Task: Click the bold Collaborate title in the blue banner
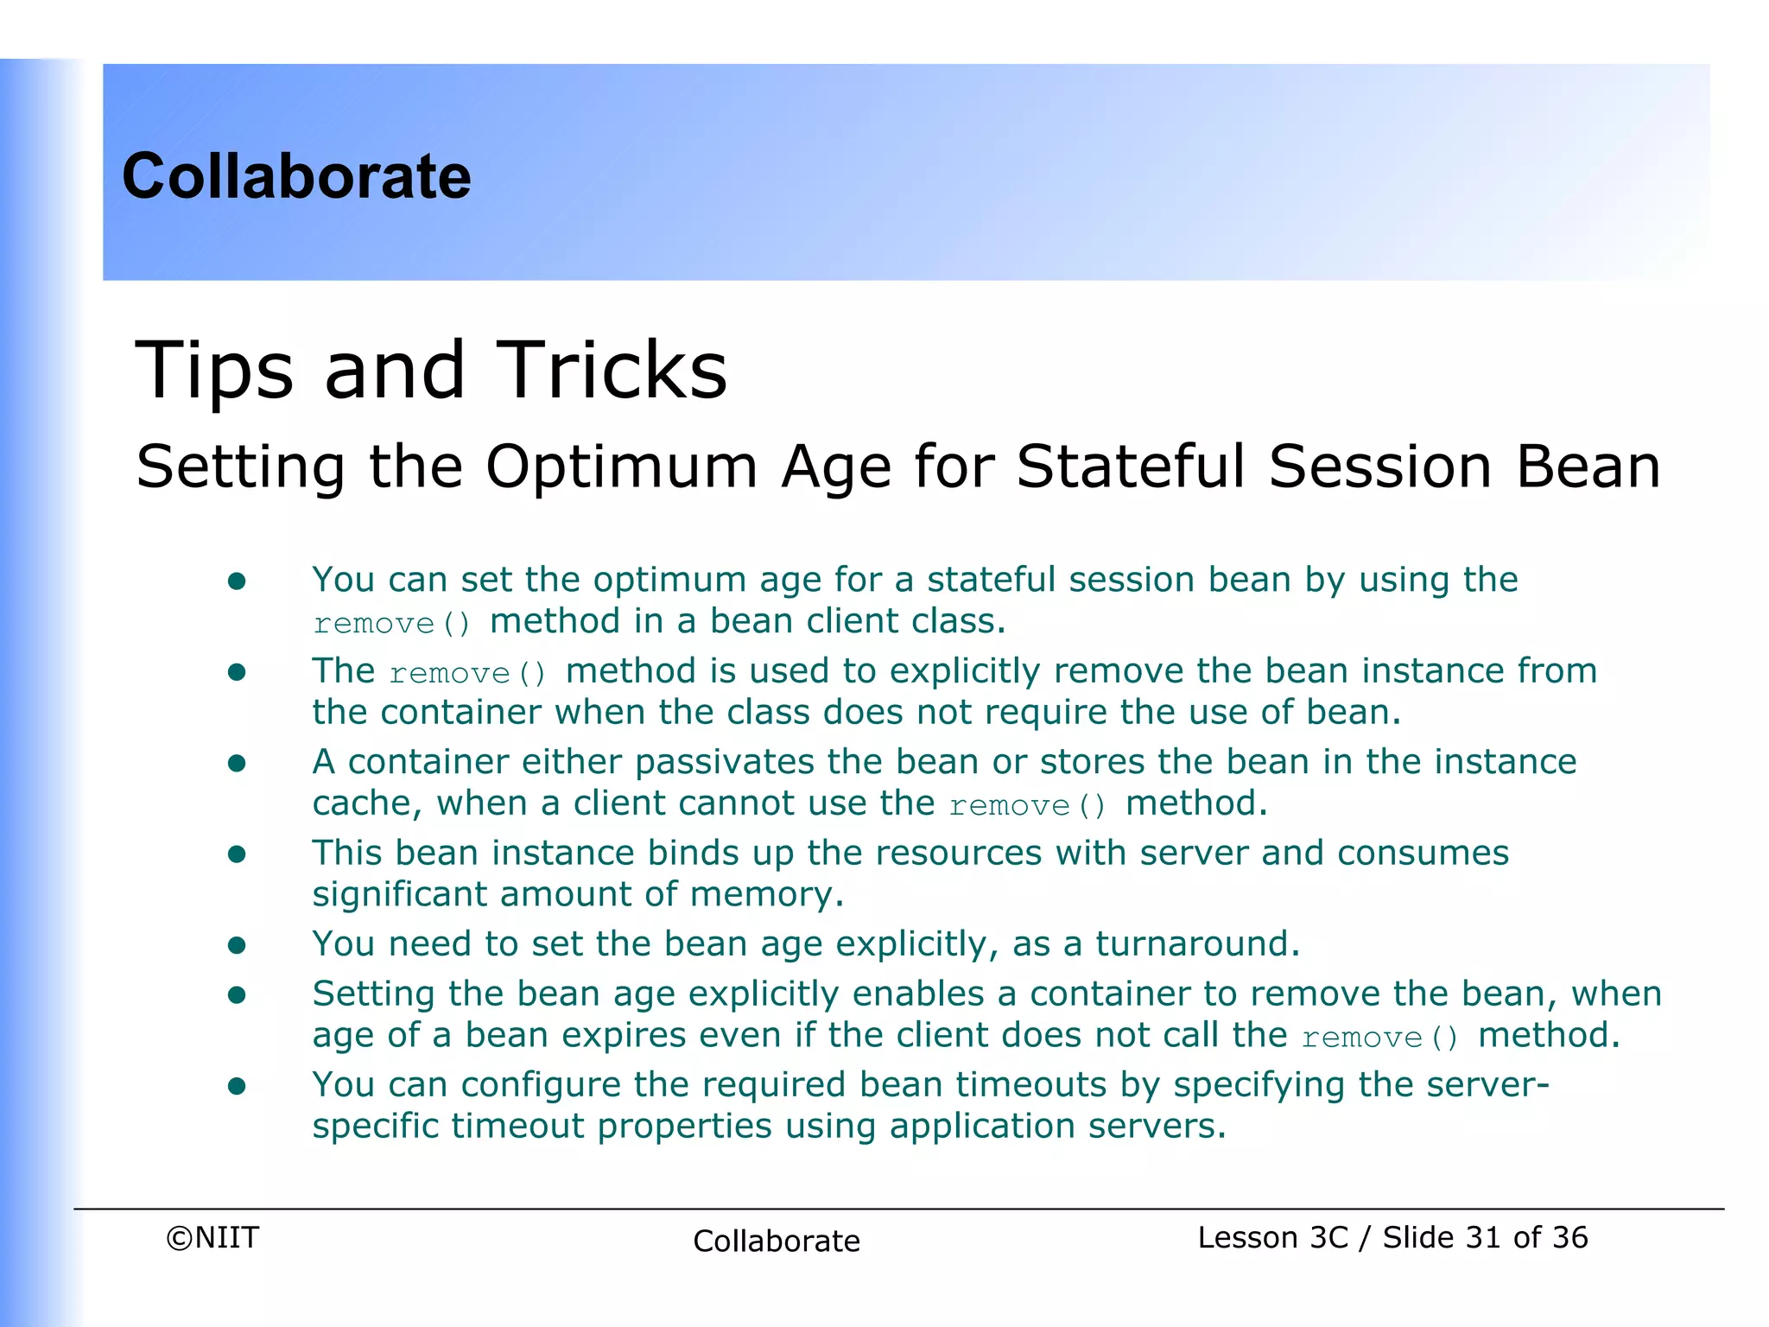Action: click(x=296, y=176)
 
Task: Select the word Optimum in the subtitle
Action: click(x=621, y=467)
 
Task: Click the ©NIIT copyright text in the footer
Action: click(x=212, y=1237)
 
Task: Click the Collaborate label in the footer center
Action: click(x=776, y=1241)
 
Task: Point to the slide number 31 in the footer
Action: click(x=1483, y=1237)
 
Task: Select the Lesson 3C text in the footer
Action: click(x=1272, y=1237)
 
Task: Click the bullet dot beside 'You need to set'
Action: click(x=237, y=945)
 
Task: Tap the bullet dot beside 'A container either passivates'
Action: click(x=237, y=763)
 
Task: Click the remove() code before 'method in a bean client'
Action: click(x=392, y=623)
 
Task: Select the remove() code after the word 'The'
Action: click(x=467, y=673)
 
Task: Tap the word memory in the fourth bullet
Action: click(x=766, y=894)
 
